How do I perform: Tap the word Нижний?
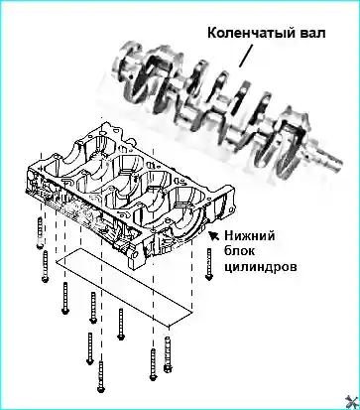point(250,236)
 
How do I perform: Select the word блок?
point(240,251)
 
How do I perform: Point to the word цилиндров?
point(261,267)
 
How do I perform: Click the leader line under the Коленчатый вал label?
point(246,56)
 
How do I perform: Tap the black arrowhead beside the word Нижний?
point(213,235)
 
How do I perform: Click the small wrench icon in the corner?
point(352,402)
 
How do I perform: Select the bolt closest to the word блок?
point(208,264)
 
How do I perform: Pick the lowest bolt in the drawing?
point(101,377)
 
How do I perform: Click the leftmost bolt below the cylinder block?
point(40,233)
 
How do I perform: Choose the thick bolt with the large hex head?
point(168,354)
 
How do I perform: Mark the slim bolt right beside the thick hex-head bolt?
point(153,364)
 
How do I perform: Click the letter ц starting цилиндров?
point(229,268)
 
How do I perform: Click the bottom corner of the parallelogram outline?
point(169,326)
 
